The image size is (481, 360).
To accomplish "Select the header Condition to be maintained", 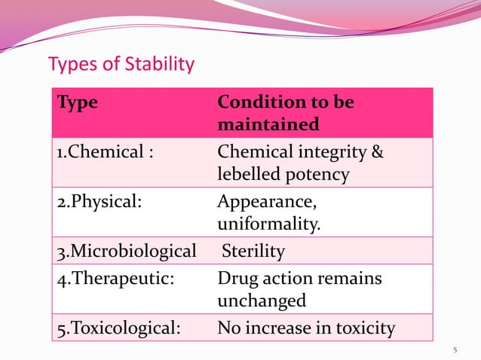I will click(286, 113).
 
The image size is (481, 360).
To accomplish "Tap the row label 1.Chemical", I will click(105, 153).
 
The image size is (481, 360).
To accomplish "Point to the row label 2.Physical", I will click(99, 202).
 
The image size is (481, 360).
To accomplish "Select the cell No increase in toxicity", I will click(305, 328).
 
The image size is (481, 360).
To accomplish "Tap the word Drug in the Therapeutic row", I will click(235, 279).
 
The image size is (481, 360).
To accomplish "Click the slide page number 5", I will click(455, 349).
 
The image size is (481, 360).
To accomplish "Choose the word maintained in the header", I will click(268, 124).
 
